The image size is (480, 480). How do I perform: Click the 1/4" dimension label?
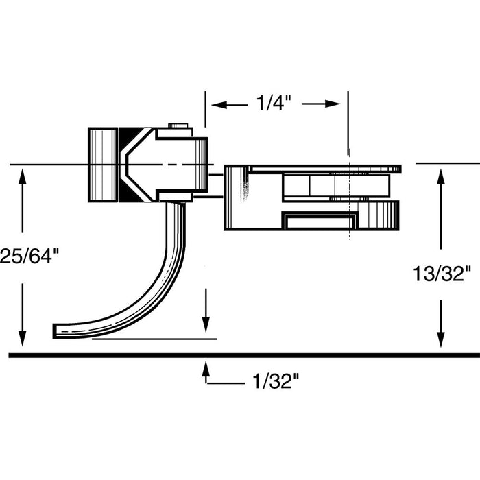pos(274,104)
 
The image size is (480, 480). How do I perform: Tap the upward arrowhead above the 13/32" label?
pos(440,176)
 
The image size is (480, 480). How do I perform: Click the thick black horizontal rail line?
pos(240,355)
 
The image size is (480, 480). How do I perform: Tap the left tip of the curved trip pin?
pos(56,331)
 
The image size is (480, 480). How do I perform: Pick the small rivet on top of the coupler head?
pos(180,125)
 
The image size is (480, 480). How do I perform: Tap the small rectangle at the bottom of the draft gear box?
pos(320,221)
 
